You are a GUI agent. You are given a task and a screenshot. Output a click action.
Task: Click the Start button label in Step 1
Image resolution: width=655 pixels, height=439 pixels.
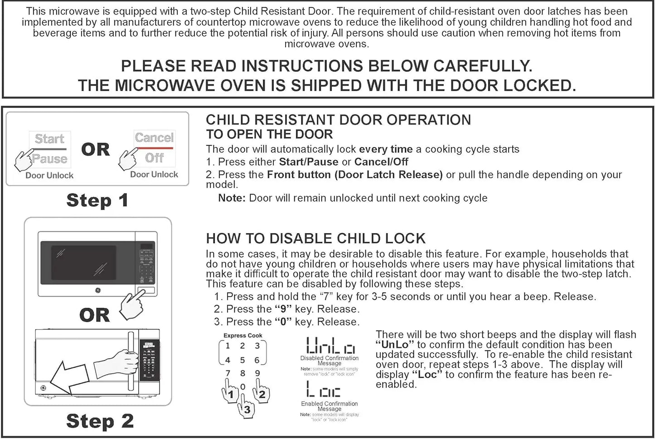[49, 139]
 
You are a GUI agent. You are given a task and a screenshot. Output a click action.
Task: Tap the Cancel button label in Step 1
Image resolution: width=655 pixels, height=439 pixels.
[154, 137]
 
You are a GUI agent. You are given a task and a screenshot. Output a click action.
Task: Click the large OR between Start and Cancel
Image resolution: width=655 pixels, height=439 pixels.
[95, 149]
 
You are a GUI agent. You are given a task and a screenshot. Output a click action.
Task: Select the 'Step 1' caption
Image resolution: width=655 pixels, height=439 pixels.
[97, 200]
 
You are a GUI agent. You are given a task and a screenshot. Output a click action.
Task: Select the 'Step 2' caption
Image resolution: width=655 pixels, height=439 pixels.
[100, 421]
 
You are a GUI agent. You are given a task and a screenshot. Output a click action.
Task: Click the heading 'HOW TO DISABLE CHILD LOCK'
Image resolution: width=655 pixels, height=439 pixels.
[315, 239]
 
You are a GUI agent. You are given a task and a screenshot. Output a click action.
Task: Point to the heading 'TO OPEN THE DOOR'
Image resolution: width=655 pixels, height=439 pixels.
[269, 134]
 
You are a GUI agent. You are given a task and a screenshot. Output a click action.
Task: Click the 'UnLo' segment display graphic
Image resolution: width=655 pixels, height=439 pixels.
[330, 346]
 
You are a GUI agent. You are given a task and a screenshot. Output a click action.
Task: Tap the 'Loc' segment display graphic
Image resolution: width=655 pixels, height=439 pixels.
[323, 390]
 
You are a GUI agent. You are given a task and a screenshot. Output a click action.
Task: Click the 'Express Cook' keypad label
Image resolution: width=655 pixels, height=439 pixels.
[243, 336]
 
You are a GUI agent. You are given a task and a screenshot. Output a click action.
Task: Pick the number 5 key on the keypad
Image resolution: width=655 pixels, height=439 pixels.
[243, 360]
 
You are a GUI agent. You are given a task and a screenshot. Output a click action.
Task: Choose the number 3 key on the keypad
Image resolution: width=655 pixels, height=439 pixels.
[257, 346]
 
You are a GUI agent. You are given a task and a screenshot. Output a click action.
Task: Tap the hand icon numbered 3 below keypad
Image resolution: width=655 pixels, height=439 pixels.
[246, 406]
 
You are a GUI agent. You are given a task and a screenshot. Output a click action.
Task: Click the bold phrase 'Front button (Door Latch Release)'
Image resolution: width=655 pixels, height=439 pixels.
[354, 175]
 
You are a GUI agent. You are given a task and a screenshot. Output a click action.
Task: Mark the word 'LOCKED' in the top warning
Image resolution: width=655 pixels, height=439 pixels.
[539, 85]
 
